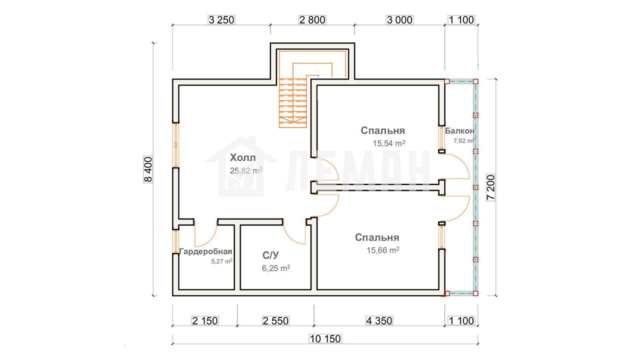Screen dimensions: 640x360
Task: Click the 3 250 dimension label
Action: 221,20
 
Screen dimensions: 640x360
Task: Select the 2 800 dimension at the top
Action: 312,20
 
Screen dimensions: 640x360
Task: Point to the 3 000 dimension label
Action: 399,20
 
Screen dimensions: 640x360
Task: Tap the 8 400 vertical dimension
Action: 148,169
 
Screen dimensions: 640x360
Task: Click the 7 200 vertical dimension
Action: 491,187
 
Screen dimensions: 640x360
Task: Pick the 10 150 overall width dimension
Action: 325,339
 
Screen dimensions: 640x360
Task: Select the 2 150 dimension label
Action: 205,321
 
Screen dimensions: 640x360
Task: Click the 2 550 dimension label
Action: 275,321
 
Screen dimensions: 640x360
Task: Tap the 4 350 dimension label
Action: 379,321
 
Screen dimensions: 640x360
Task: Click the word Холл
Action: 243,157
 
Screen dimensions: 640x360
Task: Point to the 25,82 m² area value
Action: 246,170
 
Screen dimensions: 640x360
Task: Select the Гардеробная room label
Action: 205,251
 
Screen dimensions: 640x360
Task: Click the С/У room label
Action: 270,255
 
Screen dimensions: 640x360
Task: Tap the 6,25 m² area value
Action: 276,268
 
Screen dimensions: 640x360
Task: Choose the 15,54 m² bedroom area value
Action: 389,143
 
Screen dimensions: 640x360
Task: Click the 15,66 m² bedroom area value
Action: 383,250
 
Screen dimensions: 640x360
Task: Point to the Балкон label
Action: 459,131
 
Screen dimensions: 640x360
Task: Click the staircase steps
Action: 293,103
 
